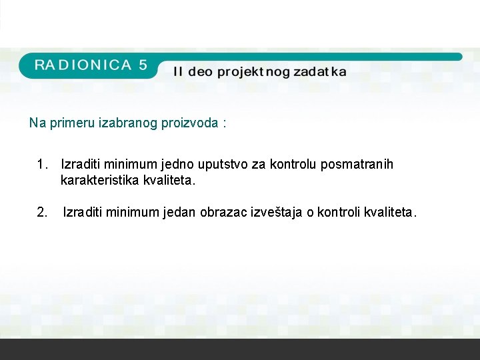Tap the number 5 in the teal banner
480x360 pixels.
coord(142,65)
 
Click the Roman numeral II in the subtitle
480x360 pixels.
coord(178,71)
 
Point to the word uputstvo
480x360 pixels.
coord(224,164)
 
